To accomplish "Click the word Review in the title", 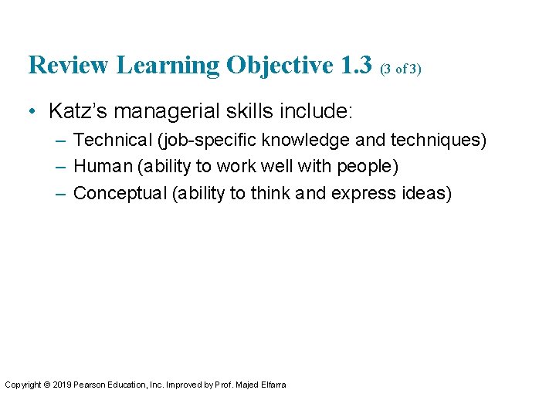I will pos(69,65).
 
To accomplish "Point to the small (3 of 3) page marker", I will pos(400,69).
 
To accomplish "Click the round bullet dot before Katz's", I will pos(32,112).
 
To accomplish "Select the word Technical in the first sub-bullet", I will pos(110,141).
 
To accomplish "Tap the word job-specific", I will pos(203,141).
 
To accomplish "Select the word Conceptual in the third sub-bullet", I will pos(120,193).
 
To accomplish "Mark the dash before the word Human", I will pos(61,167).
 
